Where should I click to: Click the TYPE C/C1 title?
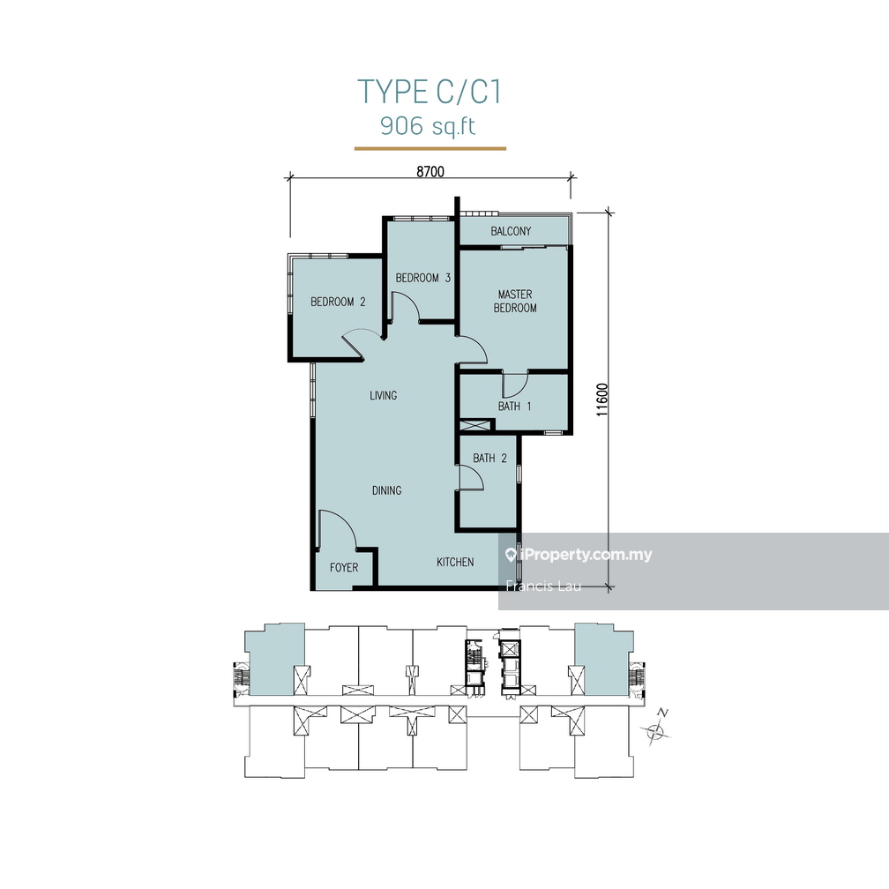(430, 92)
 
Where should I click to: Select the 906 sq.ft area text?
(428, 126)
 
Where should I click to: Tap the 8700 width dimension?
(430, 172)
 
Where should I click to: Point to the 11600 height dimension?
(602, 399)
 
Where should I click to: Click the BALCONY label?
(511, 232)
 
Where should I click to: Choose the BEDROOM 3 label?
(423, 278)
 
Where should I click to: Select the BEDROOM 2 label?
(338, 302)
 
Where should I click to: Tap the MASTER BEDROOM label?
(515, 301)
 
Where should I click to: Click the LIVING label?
(383, 395)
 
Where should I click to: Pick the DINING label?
(386, 490)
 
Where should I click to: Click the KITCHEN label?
(456, 562)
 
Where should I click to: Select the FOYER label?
(344, 567)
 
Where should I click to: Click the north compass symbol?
(656, 728)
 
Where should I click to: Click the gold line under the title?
(430, 149)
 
